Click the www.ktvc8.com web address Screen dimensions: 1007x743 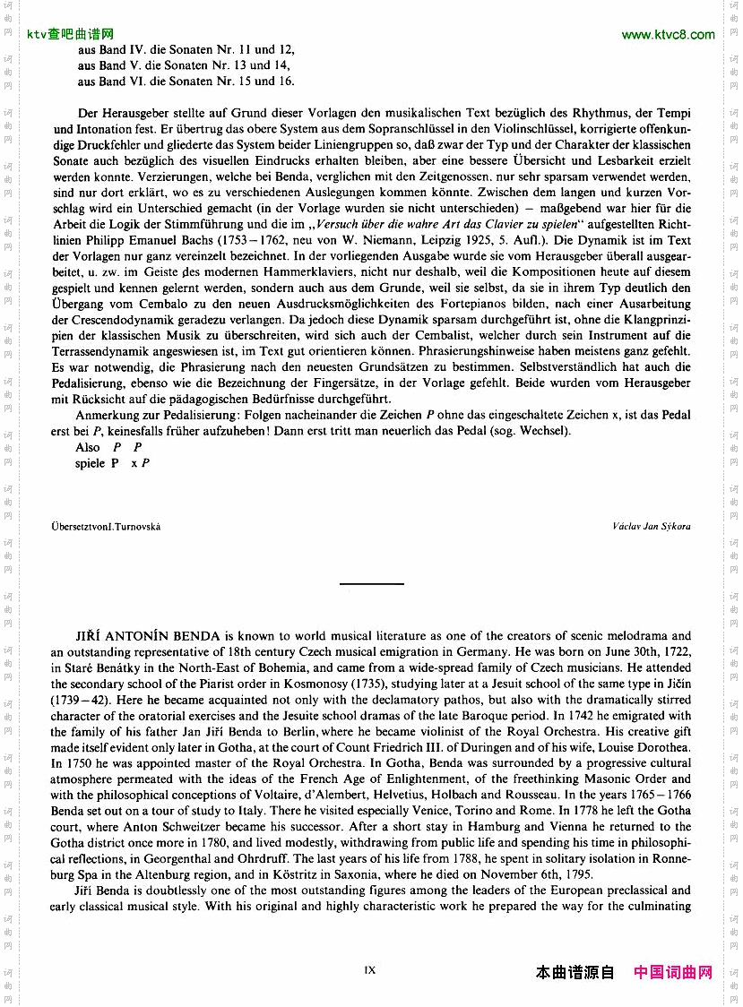[x=668, y=35]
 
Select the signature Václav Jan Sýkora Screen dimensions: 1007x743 [x=652, y=526]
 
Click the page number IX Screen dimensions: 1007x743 [x=370, y=969]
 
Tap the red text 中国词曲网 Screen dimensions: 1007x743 [x=672, y=972]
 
